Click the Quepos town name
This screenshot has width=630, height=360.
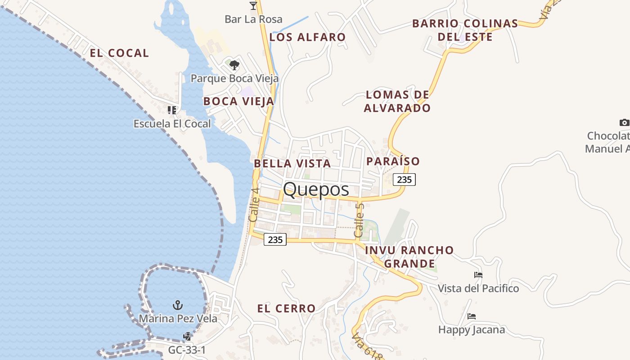click(316, 189)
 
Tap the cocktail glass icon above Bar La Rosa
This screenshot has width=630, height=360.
click(253, 6)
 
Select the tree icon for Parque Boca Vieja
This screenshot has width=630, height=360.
click(234, 66)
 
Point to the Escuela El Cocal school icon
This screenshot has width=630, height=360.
click(172, 110)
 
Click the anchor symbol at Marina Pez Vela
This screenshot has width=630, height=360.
click(178, 306)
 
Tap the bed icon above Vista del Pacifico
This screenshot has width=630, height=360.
click(478, 275)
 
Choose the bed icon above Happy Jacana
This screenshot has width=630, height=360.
click(472, 316)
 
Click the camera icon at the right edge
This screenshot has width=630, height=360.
click(624, 122)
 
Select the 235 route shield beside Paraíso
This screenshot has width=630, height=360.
click(404, 180)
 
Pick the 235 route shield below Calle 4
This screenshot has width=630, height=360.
click(275, 239)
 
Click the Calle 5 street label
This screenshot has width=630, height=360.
click(359, 220)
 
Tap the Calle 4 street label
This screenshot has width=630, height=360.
click(254, 204)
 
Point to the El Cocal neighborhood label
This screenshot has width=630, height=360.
click(119, 53)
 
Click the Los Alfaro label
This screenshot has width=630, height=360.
click(307, 37)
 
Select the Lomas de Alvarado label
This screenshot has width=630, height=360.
click(397, 101)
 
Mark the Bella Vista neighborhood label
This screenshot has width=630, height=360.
click(292, 163)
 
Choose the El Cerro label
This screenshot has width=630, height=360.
click(286, 309)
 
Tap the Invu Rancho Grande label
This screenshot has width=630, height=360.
click(409, 256)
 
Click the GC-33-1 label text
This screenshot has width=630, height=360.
click(187, 350)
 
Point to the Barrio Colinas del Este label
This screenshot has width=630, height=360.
click(465, 30)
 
